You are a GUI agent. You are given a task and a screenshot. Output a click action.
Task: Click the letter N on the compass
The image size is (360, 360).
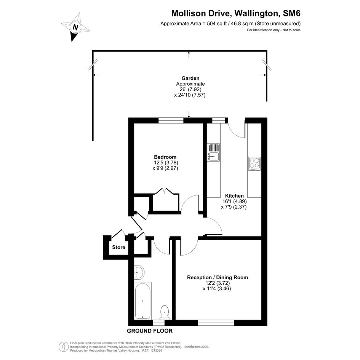point(75,27)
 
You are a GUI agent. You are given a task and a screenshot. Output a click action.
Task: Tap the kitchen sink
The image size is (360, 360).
point(213,152)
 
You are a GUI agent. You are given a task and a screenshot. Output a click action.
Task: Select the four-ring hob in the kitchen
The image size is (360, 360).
point(254,164)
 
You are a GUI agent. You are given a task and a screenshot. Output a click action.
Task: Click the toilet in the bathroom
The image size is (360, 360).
point(165,312)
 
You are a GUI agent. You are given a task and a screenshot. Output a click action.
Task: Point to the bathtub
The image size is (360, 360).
point(142,301)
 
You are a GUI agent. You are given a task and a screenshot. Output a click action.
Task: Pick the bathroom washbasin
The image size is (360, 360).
point(139,272)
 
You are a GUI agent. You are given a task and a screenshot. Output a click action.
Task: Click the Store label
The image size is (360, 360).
point(119,247)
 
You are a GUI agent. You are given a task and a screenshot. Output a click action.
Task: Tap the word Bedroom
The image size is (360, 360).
point(165,157)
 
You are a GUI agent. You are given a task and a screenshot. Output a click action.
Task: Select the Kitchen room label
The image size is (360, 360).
point(234,196)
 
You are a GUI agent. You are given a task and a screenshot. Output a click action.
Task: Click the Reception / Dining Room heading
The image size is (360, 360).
point(218,277)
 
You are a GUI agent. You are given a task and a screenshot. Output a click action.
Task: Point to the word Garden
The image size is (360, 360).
point(190,78)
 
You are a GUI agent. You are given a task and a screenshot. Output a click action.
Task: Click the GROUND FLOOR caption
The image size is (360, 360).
point(150,331)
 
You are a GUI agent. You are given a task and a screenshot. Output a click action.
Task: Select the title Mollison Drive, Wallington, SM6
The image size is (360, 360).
point(236,13)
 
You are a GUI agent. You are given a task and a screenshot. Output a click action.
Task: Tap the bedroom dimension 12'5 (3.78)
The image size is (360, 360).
point(166,163)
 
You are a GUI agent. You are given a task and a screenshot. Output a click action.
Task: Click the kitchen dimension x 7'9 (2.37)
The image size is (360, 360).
point(234,207)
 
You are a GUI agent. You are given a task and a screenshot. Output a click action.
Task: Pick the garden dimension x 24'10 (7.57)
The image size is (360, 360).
point(190,95)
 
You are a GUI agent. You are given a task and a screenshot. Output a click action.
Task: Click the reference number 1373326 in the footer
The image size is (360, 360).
point(156,350)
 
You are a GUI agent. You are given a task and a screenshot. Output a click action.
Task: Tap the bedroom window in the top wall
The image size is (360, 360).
point(171,120)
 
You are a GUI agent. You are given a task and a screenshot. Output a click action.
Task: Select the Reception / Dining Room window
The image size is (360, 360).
point(216,323)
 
